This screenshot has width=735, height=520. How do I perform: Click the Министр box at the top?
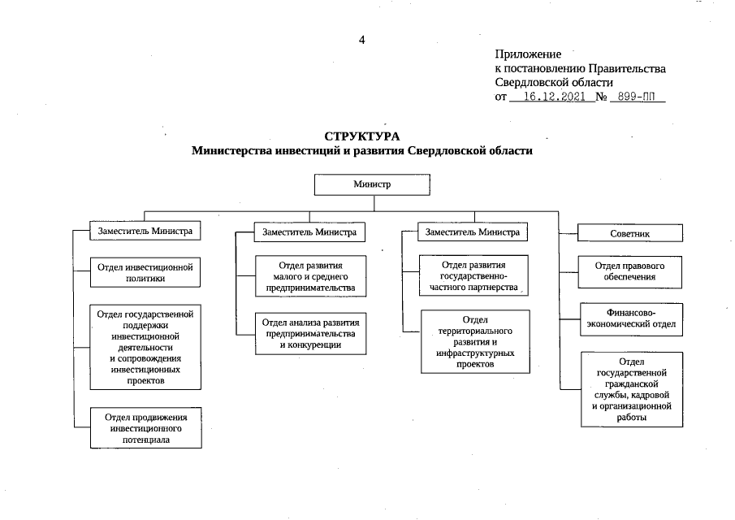pyautogui.click(x=371, y=184)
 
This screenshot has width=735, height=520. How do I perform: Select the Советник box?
pyautogui.click(x=629, y=233)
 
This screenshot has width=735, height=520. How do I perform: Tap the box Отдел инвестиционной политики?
pyautogui.click(x=145, y=272)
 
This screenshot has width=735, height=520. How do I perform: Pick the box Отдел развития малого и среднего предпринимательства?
pyautogui.click(x=310, y=276)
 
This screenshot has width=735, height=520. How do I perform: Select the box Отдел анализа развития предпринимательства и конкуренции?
pyautogui.click(x=310, y=332)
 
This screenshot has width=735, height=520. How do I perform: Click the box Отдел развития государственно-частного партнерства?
pyautogui.click(x=474, y=276)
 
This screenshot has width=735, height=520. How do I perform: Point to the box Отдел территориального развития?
pyautogui.click(x=474, y=342)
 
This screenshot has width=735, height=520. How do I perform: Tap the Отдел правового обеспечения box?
pyautogui.click(x=630, y=271)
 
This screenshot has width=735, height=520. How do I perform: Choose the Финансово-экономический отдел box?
pyautogui.click(x=630, y=320)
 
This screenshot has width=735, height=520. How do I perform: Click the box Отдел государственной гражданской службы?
pyautogui.click(x=630, y=389)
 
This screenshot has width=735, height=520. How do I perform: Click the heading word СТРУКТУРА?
pyautogui.click(x=362, y=136)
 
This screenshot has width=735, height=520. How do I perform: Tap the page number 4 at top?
pyautogui.click(x=362, y=40)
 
